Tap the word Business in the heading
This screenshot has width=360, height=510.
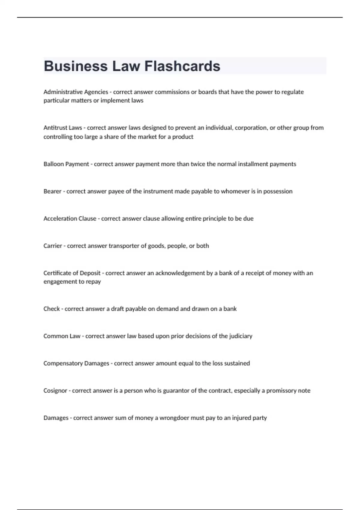tap(76, 66)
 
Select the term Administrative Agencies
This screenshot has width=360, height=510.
tap(76, 92)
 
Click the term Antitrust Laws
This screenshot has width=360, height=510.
tap(63, 128)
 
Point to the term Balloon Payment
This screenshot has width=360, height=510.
tap(66, 164)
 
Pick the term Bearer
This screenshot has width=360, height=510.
tap(52, 191)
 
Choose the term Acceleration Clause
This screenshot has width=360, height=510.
tap(70, 219)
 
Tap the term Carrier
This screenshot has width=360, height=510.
tap(53, 246)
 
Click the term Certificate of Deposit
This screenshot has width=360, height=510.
tap(72, 273)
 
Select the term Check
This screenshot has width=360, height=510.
tap(52, 309)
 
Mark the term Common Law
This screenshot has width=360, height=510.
tap(62, 336)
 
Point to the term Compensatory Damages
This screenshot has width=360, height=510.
tap(76, 363)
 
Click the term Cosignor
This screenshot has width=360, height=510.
tap(55, 391)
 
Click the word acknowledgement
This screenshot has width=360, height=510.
tap(180, 273)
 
